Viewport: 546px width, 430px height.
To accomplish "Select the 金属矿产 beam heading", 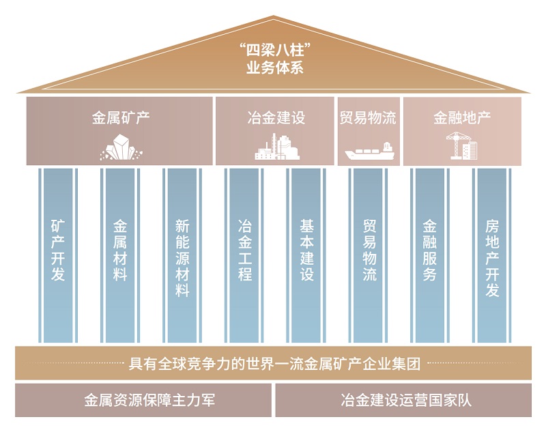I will tap(121, 117).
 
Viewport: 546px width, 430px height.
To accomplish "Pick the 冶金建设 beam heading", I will tap(276, 117).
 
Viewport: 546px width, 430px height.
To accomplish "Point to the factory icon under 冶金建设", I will tap(276, 147).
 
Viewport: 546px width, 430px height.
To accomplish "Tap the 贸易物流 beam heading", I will tap(368, 117).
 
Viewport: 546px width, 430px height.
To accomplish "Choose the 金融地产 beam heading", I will tap(462, 117).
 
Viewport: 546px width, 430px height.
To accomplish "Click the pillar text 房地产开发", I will tap(492, 257).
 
